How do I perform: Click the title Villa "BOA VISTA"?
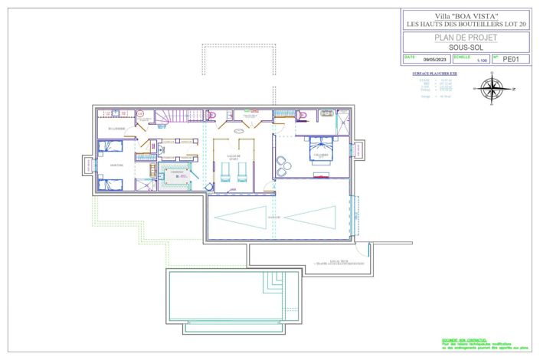tap(466, 16)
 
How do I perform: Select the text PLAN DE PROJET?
tap(466, 37)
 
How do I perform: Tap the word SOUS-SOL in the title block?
tap(466, 47)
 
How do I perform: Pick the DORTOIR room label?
tap(117, 165)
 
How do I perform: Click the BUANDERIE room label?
tap(116, 128)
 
